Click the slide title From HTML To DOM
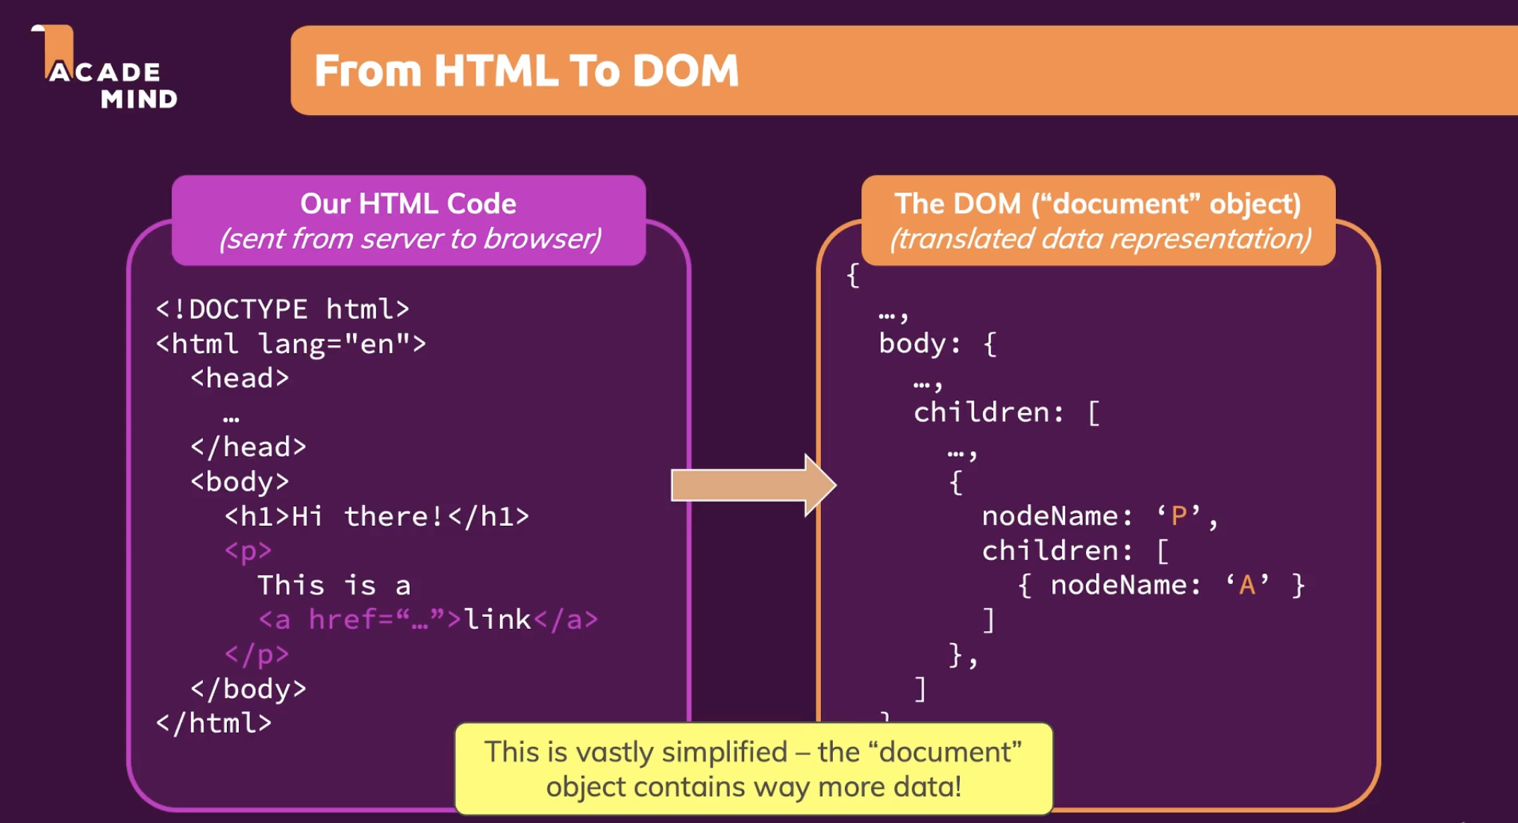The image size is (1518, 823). [526, 71]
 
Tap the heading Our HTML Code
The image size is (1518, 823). [408, 204]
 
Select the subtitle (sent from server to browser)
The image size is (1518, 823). [410, 239]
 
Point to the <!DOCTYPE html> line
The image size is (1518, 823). [282, 309]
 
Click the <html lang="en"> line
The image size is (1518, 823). [290, 344]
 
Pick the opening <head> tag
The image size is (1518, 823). [239, 379]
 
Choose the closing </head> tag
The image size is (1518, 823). [248, 447]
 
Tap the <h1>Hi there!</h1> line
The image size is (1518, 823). [377, 517]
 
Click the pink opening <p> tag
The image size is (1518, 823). [248, 551]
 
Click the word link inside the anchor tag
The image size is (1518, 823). [497, 620]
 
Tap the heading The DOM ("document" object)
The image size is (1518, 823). [1098, 204]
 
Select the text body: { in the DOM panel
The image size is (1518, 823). [937, 344]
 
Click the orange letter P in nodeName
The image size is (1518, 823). [1179, 515]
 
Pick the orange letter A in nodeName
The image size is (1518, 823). [1247, 585]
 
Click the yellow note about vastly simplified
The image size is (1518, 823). [754, 768]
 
